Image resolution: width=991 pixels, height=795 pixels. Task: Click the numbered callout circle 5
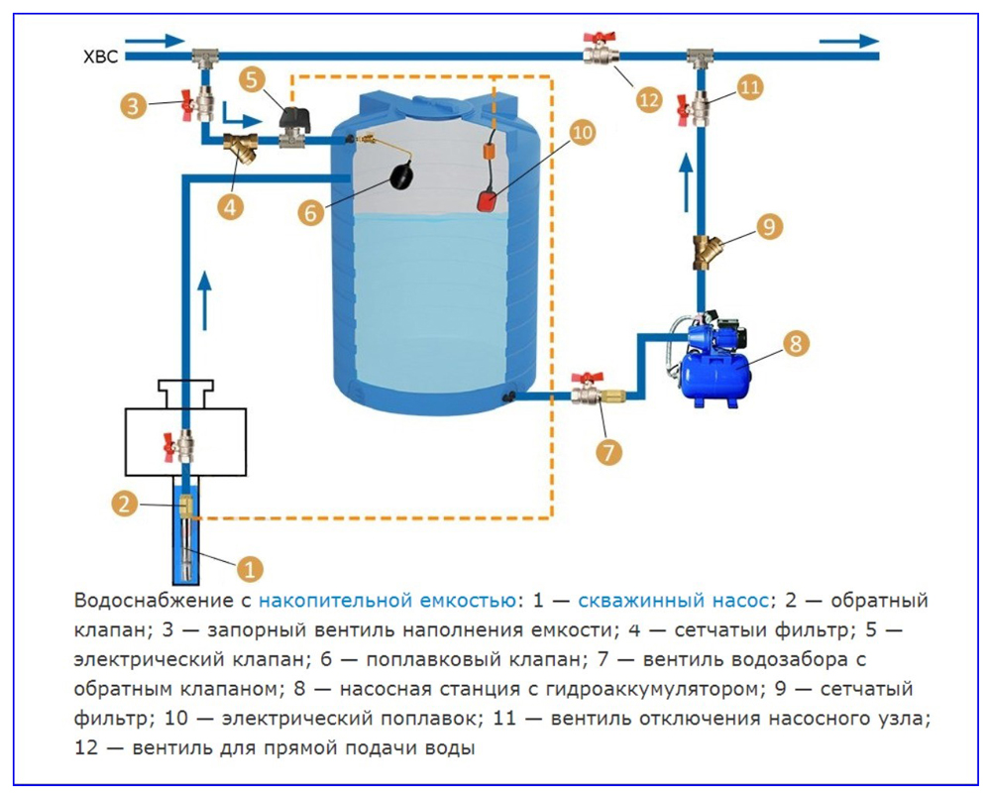(x=254, y=78)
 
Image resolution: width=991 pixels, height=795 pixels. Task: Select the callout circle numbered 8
(x=796, y=343)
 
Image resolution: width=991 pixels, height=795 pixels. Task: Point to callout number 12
(x=649, y=99)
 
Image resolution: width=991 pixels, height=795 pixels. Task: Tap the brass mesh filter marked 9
(x=707, y=251)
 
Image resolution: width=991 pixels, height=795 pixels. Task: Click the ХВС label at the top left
(x=100, y=57)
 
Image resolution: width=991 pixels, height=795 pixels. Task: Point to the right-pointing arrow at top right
(x=849, y=41)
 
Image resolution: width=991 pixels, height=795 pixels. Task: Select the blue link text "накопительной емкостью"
(x=387, y=602)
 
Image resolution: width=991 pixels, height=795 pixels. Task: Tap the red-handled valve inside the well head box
(x=182, y=446)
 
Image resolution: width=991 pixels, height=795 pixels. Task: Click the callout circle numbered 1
(x=249, y=569)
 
